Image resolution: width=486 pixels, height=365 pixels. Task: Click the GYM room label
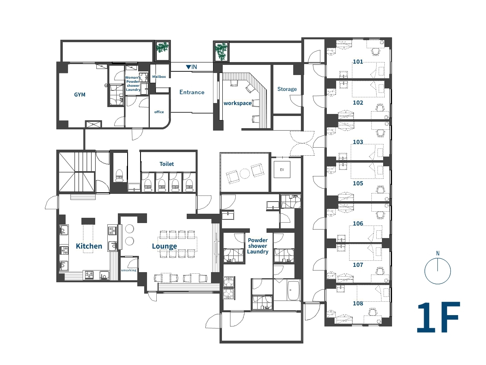80,94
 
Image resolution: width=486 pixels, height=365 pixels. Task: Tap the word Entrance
192,92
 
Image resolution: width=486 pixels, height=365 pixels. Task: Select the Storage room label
287,89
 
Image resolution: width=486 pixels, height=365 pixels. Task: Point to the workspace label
237,103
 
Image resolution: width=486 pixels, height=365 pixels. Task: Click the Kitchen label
89,246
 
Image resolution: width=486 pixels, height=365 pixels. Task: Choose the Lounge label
164,246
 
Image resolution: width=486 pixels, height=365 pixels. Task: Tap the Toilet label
166,164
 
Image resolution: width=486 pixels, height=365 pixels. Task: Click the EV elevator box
282,170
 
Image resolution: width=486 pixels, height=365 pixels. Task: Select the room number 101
358,62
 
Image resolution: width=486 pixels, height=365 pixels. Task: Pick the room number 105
358,183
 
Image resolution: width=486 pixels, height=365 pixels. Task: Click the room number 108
358,303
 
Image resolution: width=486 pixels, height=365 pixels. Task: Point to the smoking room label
129,271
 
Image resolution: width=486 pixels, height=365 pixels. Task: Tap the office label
159,112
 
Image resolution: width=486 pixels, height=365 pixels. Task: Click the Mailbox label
159,77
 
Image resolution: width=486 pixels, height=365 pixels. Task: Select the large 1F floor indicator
438,317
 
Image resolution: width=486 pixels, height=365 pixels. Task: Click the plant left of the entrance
162,47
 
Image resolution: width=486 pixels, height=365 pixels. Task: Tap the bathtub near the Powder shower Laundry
293,290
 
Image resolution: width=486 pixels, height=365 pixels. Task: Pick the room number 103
358,142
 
